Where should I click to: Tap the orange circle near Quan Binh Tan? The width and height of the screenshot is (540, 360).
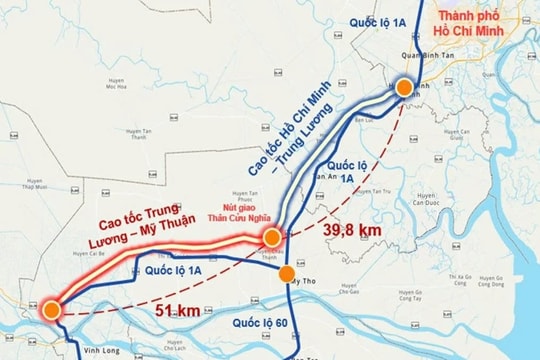pos(404,88)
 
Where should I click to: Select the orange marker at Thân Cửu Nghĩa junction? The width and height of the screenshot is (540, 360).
pos(271,237)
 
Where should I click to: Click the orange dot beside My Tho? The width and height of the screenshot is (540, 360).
pos(286,273)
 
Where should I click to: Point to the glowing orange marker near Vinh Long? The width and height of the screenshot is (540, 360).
pos(50,309)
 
